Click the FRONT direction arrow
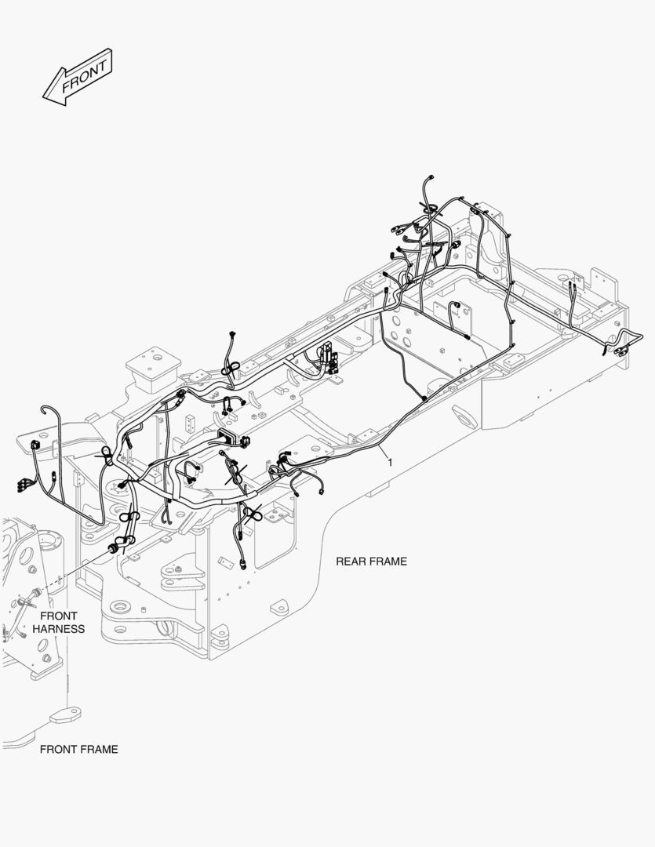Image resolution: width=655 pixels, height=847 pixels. click(x=78, y=77)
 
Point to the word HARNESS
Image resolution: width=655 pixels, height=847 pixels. click(x=59, y=629)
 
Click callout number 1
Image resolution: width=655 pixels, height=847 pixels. click(x=389, y=463)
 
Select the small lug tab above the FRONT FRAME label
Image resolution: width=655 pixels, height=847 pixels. click(x=65, y=714)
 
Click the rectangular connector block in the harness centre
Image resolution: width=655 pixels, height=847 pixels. click(x=227, y=436)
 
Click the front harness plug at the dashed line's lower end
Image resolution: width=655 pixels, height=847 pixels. click(x=25, y=602)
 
